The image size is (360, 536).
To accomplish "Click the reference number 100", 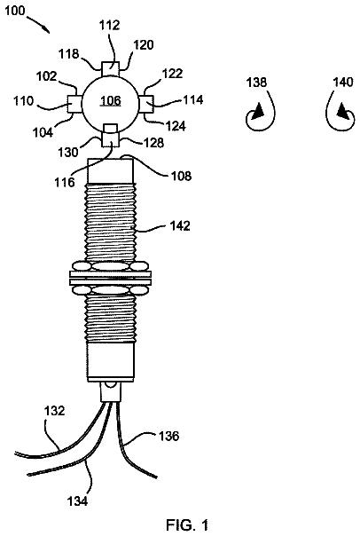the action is tap(14, 11).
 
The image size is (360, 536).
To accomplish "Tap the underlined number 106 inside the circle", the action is tap(111, 100).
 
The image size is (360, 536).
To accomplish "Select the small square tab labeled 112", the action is tap(110, 68).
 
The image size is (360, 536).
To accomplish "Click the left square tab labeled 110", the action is tap(74, 103).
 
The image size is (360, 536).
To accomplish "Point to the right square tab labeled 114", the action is tap(145, 104).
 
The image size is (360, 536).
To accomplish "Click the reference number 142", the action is tap(179, 225).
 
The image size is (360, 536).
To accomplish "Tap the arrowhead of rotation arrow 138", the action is tap(257, 112).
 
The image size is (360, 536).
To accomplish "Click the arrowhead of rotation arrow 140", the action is tap(345, 113).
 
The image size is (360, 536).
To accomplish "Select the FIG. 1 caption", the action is tap(187, 524).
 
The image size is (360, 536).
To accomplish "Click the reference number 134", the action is tap(77, 501).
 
